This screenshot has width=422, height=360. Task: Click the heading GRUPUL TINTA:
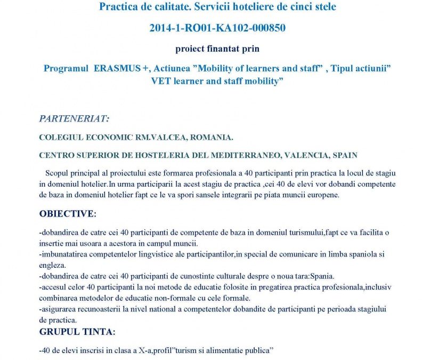pyautogui.click(x=77, y=332)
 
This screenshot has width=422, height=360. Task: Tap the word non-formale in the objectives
pyautogui.click(x=169, y=298)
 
